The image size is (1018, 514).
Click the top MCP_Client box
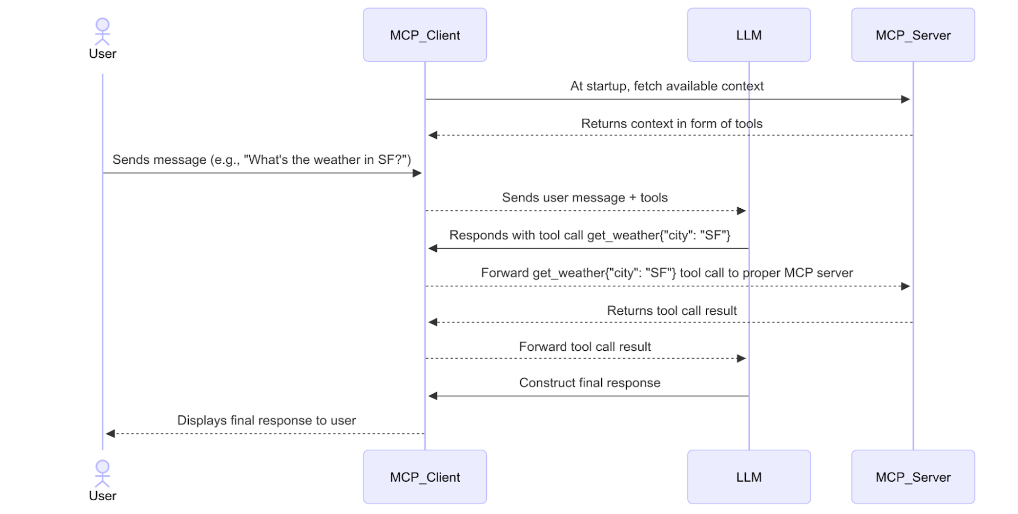(x=425, y=35)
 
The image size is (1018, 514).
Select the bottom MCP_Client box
(x=425, y=477)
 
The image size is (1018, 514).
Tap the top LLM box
(x=749, y=35)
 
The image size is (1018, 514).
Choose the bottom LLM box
(x=749, y=477)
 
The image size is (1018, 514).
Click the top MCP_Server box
(x=913, y=35)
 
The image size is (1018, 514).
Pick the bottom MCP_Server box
(x=913, y=477)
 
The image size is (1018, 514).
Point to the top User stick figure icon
(x=102, y=32)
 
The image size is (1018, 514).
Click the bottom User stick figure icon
(x=102, y=474)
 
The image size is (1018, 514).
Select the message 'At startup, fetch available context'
(x=666, y=86)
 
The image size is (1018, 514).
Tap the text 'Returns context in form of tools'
(x=671, y=123)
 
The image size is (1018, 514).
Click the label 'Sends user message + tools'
(x=584, y=198)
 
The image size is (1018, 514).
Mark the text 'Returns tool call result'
(x=671, y=311)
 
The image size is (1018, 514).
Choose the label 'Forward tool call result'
(x=584, y=347)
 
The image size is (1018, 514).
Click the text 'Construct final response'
(x=589, y=383)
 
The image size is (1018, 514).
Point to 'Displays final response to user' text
(x=266, y=420)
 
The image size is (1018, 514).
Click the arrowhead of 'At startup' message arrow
(x=906, y=99)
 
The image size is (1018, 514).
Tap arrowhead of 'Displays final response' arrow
(x=110, y=433)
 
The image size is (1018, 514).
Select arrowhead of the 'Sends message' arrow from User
(x=417, y=173)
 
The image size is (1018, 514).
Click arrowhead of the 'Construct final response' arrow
(x=433, y=396)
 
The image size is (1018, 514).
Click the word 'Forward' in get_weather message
(x=505, y=273)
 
